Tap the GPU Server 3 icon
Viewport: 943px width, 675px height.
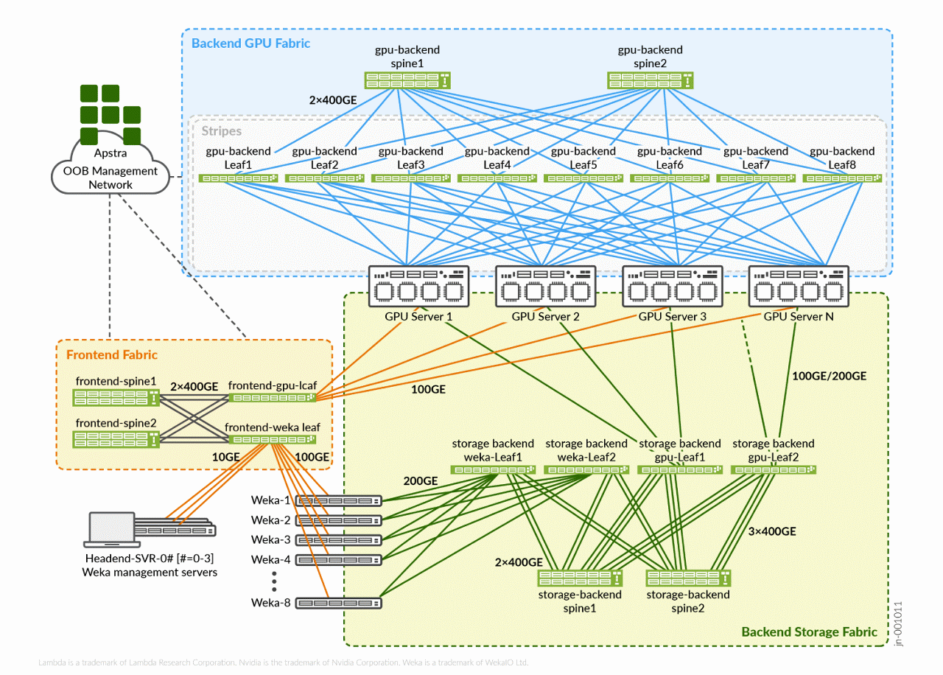click(x=672, y=284)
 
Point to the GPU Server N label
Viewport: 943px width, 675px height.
click(x=797, y=317)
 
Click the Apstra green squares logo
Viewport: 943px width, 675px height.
click(x=110, y=114)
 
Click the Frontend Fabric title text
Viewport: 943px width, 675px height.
click(x=112, y=354)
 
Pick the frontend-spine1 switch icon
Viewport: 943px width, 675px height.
click(x=116, y=398)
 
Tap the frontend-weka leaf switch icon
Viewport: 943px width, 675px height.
click(x=273, y=440)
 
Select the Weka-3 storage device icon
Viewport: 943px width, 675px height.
click(x=339, y=539)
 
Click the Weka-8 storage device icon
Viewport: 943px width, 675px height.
click(x=339, y=604)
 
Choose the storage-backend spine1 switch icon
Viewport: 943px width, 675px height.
click(x=580, y=578)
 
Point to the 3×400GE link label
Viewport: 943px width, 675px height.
click(x=772, y=531)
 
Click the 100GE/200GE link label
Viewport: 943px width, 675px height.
click(x=829, y=376)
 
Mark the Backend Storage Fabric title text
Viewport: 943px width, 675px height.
click(x=809, y=632)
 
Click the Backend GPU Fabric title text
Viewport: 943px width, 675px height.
click(x=250, y=43)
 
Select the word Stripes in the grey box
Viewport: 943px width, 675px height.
click(x=221, y=131)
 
